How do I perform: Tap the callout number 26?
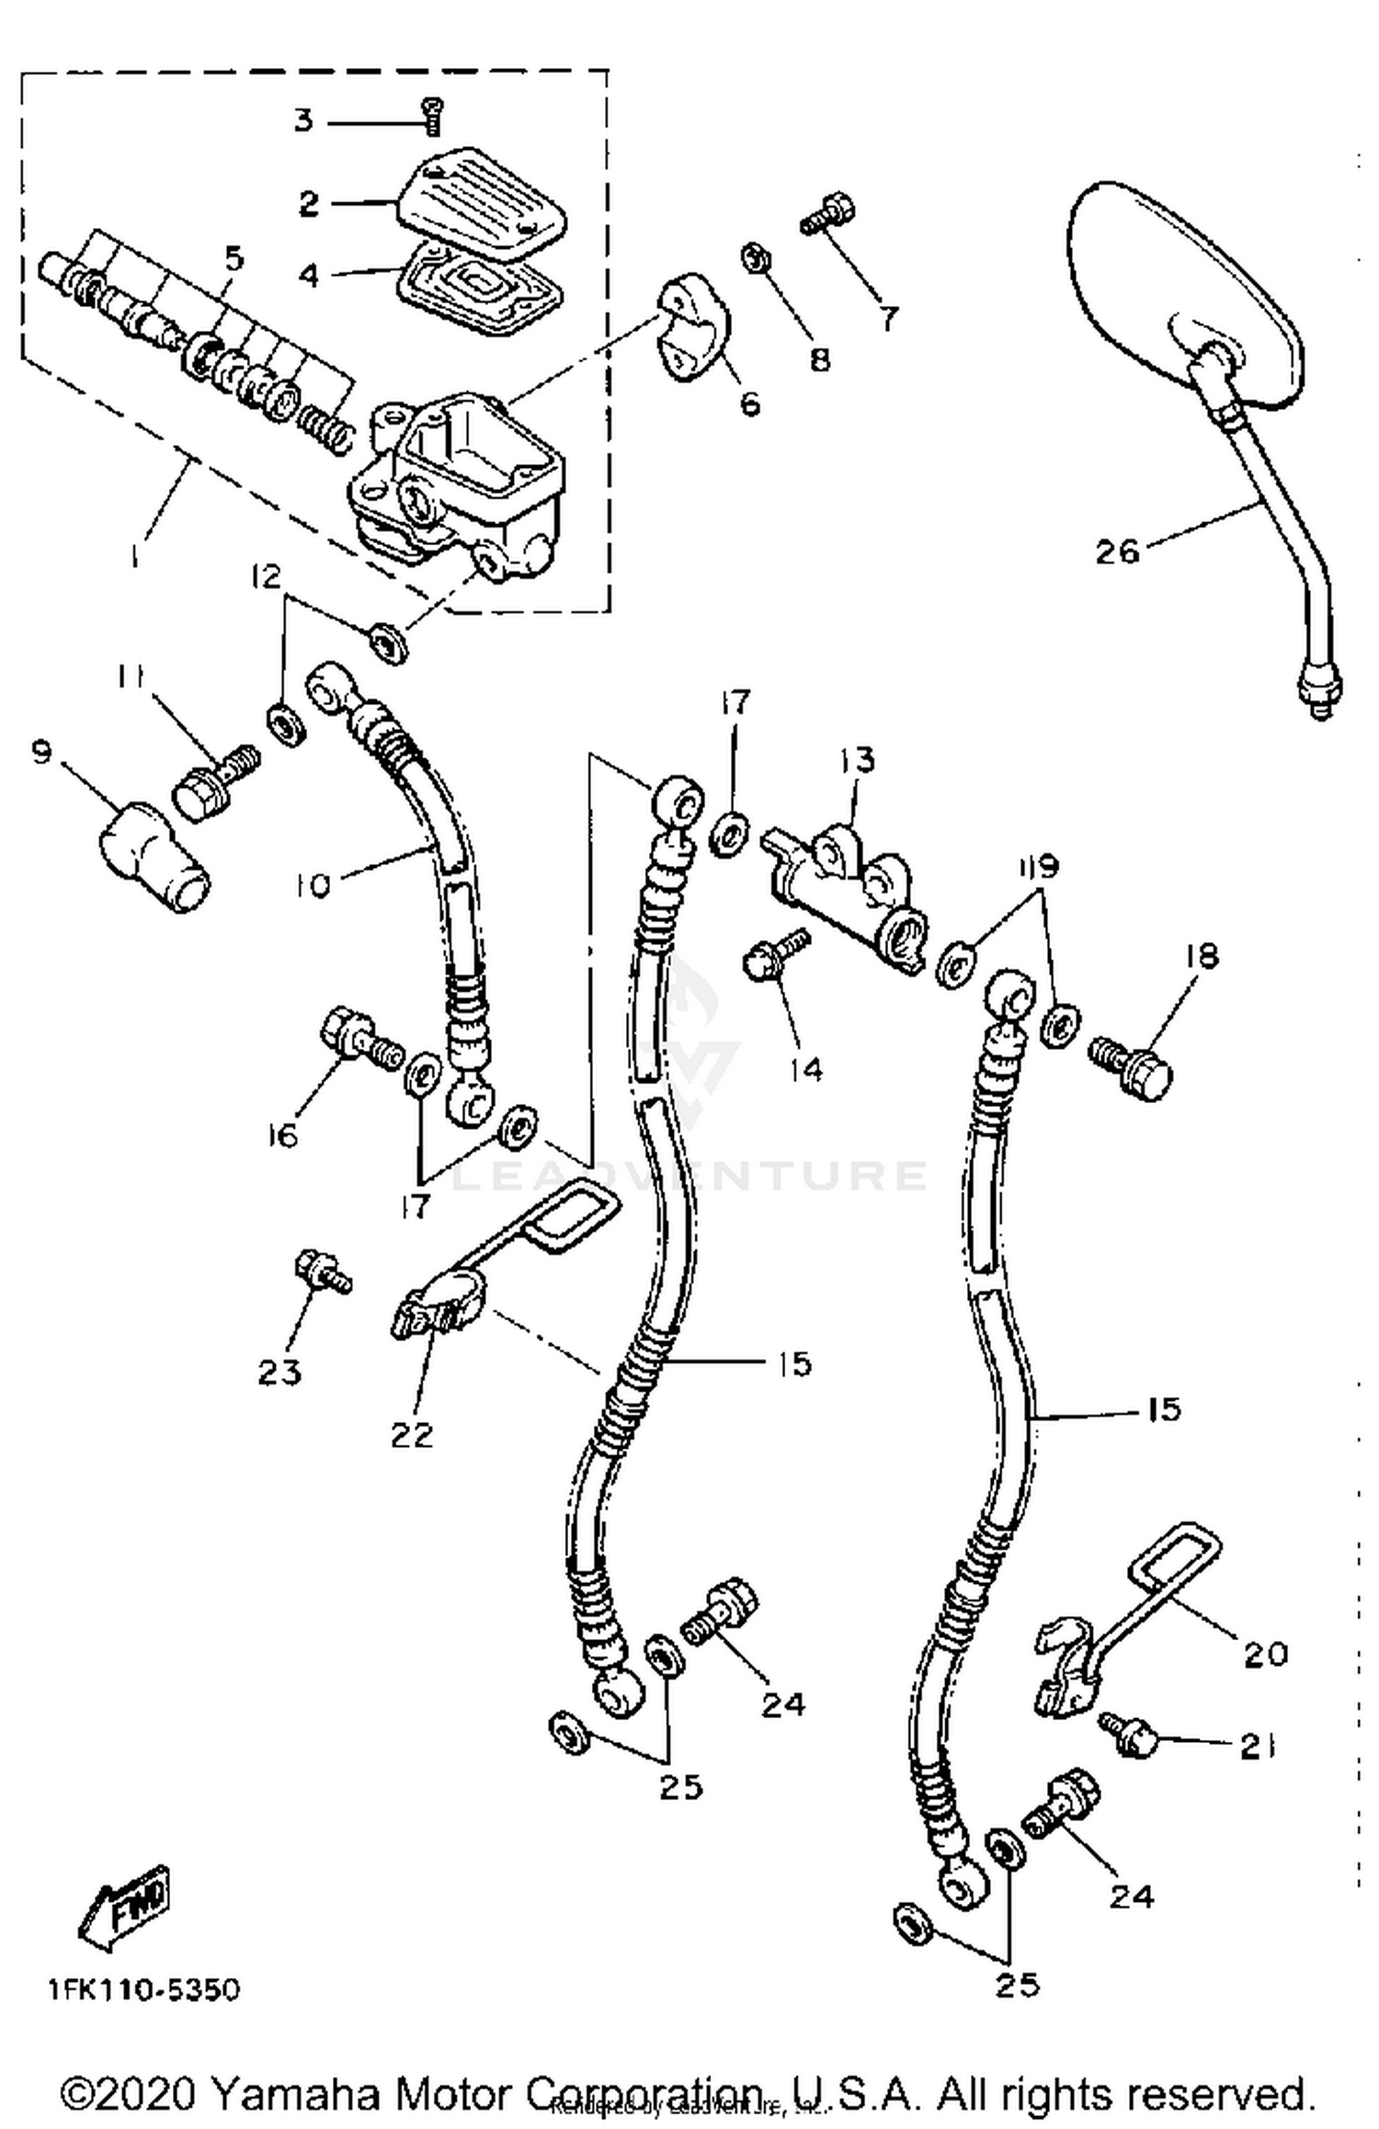coord(1117,552)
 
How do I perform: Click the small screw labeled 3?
coord(431,117)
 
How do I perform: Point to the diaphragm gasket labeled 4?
coord(480,290)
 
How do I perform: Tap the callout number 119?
coord(1037,866)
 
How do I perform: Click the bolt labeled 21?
coord(1126,1733)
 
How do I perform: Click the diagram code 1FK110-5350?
coord(144,1991)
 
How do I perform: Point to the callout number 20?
coord(1266,1655)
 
